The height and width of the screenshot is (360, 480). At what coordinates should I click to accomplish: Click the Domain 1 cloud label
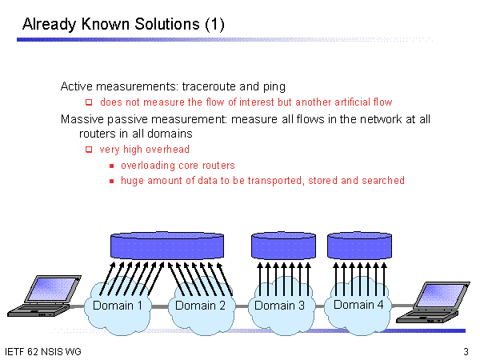pos(118,306)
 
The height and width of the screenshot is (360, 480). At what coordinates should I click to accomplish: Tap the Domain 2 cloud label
pos(200,306)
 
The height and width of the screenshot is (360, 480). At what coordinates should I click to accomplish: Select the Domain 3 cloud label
pos(279,306)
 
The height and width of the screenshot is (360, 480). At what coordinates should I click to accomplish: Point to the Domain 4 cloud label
pos(358,305)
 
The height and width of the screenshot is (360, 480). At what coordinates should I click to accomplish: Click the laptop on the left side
pos(44,296)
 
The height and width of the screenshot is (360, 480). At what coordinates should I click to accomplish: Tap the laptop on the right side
pos(433,302)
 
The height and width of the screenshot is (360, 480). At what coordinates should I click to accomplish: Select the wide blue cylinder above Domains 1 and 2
pos(167,246)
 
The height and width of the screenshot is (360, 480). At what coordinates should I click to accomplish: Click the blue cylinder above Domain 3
pos(283,246)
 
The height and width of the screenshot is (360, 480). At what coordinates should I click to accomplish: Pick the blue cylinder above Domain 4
pos(360,246)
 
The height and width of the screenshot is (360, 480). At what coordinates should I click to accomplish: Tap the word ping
pos(274,87)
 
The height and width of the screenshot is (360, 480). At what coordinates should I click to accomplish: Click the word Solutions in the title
pos(167,24)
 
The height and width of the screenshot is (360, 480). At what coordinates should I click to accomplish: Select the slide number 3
pos(466,352)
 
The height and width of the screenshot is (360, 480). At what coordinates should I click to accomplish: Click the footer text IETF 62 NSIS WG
pos(43,352)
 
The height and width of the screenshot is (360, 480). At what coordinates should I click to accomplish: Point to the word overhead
pos(167,150)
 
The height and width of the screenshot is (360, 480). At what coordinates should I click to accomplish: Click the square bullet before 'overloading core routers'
pos(112,166)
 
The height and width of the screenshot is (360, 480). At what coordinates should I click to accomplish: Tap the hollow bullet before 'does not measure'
pos(89,102)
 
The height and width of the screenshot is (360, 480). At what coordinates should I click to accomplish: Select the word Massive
pos(82,119)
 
